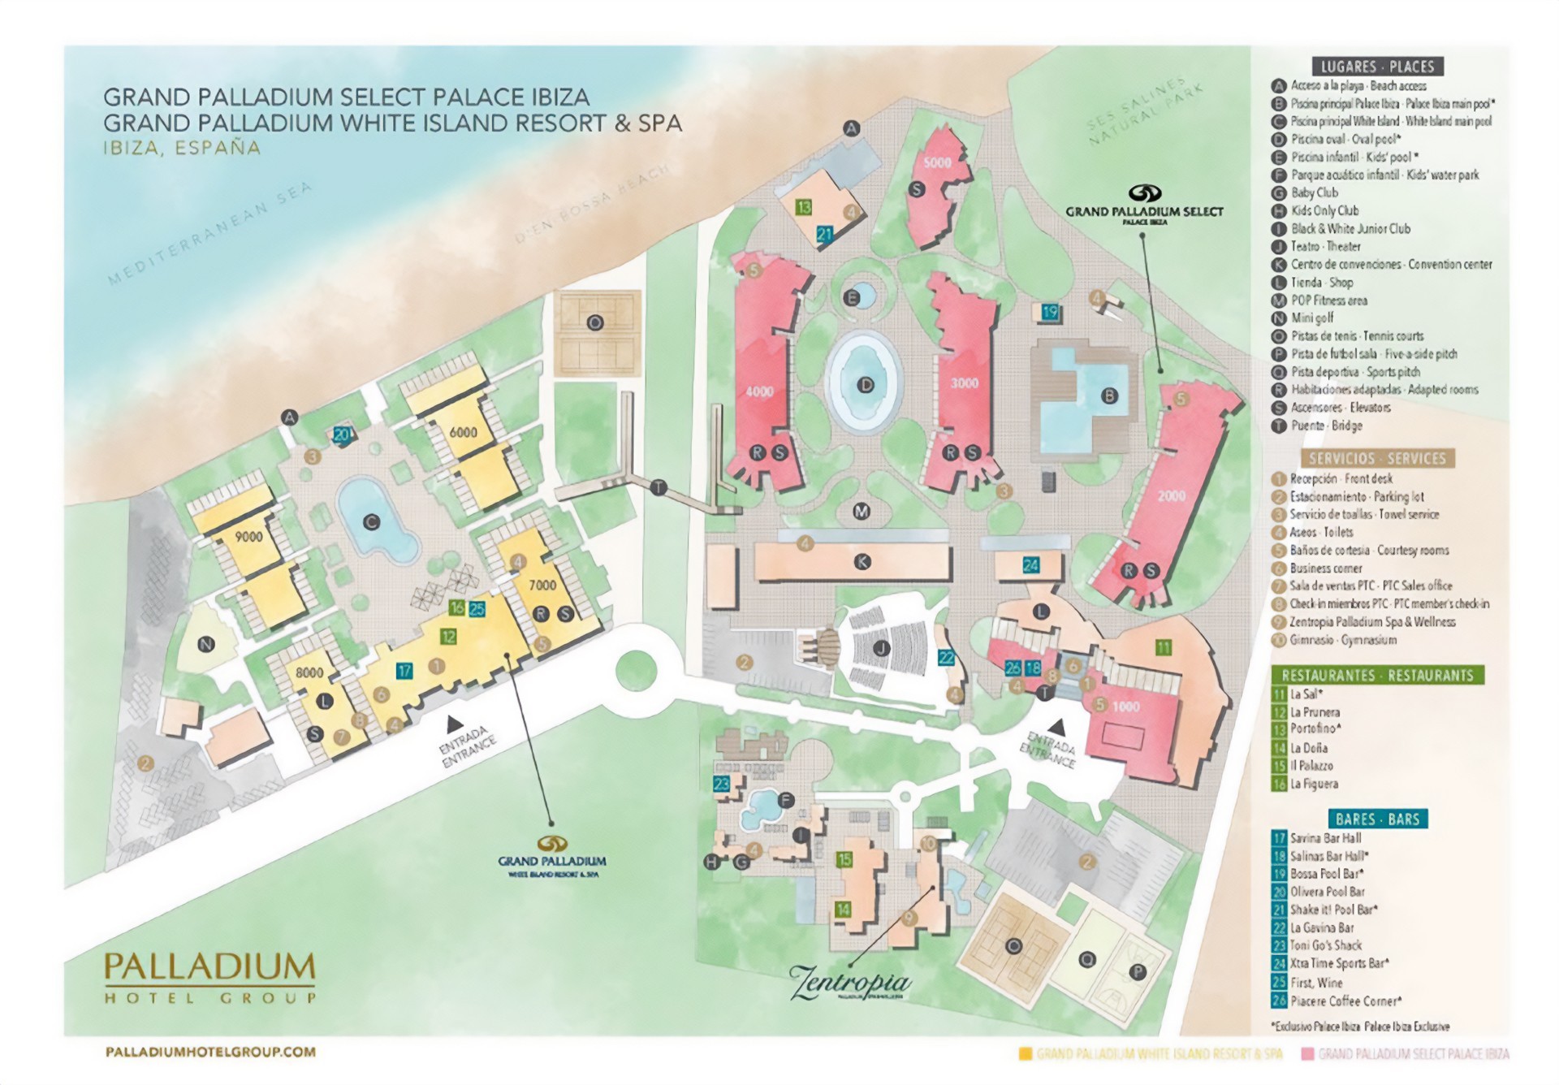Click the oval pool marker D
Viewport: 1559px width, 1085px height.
coord(866,385)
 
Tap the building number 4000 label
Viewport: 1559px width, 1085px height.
coord(759,391)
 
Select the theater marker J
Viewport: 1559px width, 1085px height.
coord(881,648)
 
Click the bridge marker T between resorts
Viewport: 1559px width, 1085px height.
coord(659,488)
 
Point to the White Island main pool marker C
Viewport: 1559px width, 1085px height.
coord(372,522)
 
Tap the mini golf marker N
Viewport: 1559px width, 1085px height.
coord(206,645)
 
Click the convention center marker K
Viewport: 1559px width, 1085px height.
coord(862,561)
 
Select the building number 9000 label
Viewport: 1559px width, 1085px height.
coord(248,537)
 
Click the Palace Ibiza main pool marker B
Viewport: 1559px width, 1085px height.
coord(1109,396)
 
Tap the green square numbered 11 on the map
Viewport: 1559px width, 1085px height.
coord(1164,647)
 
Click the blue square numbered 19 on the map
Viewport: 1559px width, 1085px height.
coord(1050,312)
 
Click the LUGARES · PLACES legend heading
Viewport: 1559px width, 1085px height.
coord(1377,67)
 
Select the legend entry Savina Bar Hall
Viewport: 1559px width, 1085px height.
coord(1325,838)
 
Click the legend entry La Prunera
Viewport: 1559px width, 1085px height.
coord(1315,712)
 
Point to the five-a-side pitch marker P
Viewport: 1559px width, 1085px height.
coord(1138,972)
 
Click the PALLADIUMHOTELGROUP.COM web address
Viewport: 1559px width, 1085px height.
coord(210,1052)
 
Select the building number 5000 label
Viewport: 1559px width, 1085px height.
coord(937,162)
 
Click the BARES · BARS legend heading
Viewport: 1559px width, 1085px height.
coord(1377,819)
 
